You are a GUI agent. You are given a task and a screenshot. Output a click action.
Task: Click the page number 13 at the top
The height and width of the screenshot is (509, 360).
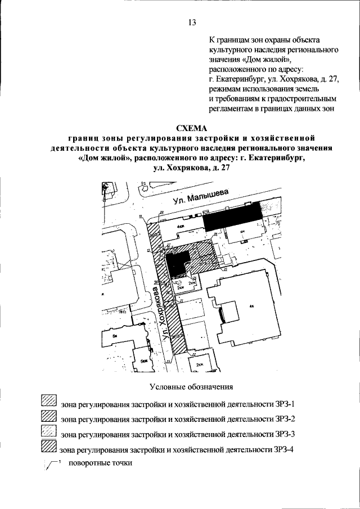click(192, 22)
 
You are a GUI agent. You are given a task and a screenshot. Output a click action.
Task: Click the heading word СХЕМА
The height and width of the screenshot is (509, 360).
click(192, 127)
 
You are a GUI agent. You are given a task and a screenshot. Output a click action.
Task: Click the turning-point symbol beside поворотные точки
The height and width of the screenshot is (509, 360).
click(51, 465)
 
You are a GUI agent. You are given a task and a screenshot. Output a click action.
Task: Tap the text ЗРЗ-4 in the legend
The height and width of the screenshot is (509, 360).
click(282, 449)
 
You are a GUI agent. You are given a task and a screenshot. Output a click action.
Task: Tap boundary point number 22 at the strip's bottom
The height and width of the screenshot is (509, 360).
click(192, 355)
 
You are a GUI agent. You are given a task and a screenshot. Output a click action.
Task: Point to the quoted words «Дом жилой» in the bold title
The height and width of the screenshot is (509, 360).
click(103, 158)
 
